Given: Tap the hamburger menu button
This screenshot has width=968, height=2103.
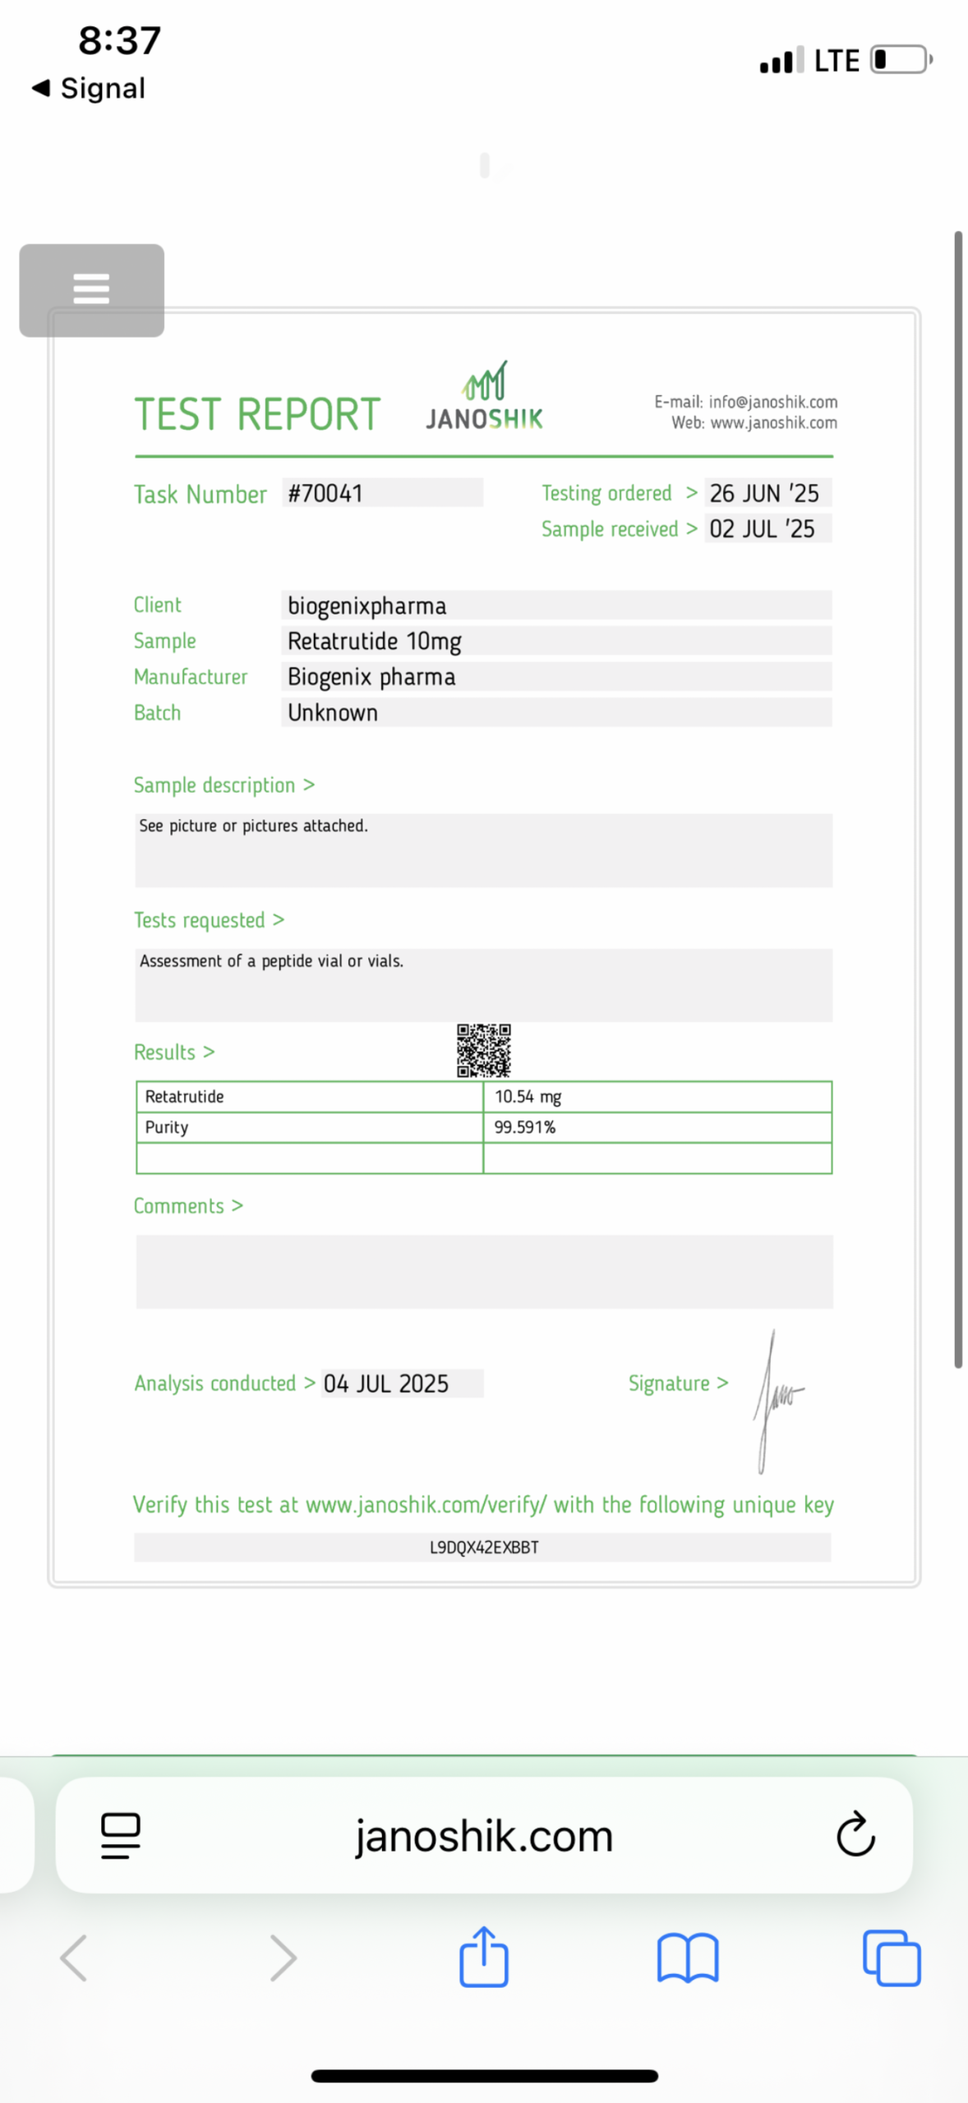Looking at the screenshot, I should [91, 289].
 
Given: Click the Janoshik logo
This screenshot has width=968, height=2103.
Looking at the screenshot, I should [484, 398].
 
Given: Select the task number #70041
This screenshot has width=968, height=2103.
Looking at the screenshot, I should [325, 493].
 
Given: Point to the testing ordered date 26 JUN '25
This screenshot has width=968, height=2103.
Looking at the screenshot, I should [764, 493].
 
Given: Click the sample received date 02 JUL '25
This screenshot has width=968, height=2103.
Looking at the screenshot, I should [762, 528].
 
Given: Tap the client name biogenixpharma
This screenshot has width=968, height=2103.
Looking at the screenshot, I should [366, 605].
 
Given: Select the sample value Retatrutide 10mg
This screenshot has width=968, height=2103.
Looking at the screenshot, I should [374, 641].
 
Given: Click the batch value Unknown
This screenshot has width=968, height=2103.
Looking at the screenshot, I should [333, 712].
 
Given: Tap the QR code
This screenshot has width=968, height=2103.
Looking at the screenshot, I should [484, 1050].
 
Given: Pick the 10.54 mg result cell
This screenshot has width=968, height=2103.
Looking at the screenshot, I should [528, 1097].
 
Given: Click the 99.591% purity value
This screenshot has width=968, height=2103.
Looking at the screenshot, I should [524, 1127].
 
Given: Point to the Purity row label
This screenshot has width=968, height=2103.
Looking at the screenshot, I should [167, 1127].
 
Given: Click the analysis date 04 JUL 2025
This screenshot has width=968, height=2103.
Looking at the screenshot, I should [386, 1383].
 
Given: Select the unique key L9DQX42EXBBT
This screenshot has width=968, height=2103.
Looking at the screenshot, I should [484, 1548].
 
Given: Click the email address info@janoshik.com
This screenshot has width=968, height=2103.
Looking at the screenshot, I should [772, 402].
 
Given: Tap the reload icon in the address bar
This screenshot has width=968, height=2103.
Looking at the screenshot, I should [855, 1834].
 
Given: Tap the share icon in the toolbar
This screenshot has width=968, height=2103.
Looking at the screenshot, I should [484, 1958].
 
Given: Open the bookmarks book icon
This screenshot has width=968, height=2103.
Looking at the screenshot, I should [688, 1958].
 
